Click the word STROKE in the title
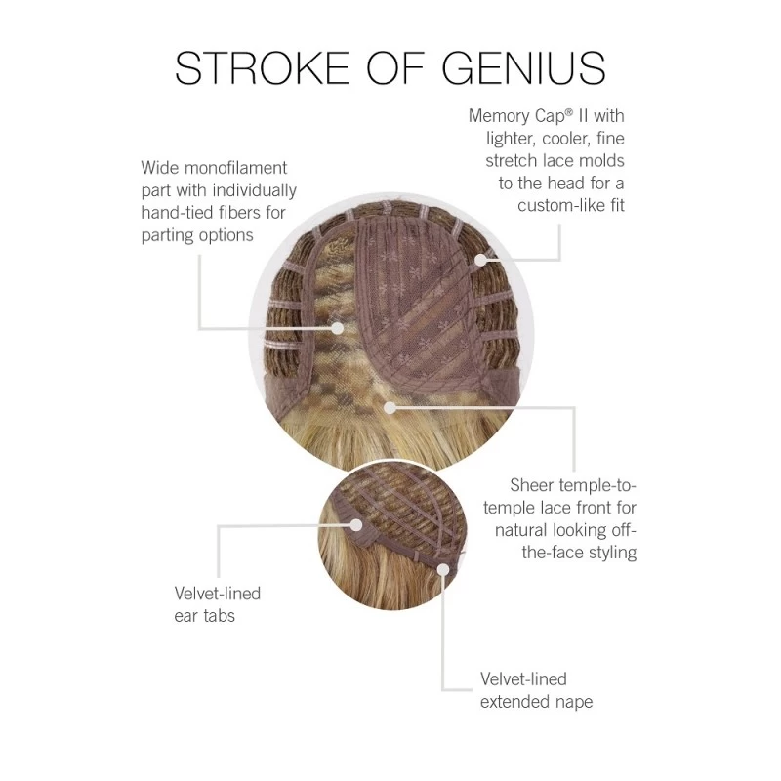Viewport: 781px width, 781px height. coord(262,67)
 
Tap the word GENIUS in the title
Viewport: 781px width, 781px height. coord(524,67)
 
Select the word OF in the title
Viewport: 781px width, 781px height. coord(395,67)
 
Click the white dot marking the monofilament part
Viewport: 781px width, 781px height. coord(338,328)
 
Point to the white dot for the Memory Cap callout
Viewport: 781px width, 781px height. coord(480,260)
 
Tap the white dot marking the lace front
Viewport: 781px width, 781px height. coord(390,407)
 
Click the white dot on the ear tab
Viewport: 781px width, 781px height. coord(356,524)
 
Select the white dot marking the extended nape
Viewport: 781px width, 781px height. coord(443,569)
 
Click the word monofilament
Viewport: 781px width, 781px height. coord(235,168)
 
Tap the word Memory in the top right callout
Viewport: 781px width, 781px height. coord(499,116)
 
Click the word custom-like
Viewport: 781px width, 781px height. coord(555,205)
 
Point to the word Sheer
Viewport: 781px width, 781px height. coord(532,484)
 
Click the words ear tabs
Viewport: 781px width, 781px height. coord(204,616)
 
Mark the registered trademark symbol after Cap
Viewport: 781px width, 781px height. coord(570,112)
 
